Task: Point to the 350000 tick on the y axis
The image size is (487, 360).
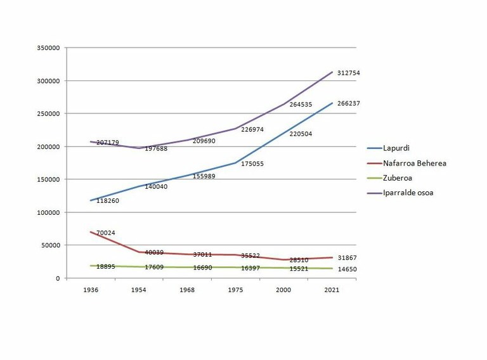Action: (48, 48)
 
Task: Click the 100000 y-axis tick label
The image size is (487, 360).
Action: (48, 212)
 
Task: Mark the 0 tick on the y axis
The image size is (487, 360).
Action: (57, 278)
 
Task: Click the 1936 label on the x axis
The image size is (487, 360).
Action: (91, 290)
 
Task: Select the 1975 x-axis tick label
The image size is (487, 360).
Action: (235, 290)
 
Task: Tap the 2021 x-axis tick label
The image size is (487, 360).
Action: (332, 290)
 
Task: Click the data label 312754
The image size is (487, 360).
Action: (348, 74)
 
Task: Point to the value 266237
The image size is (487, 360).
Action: (348, 103)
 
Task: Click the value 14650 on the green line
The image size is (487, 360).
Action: (348, 270)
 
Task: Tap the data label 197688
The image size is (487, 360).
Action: (157, 150)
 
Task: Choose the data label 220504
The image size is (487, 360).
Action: (301, 134)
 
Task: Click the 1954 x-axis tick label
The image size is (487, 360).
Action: (139, 290)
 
